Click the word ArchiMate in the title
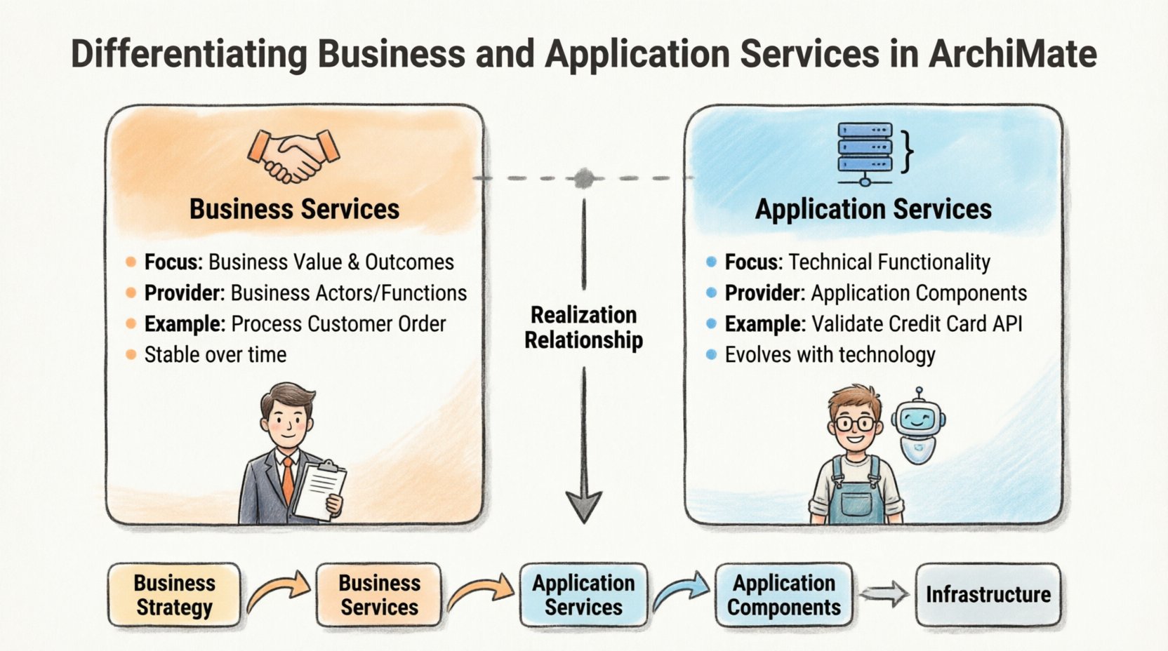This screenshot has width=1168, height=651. point(1012,54)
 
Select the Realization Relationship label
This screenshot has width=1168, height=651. point(583,328)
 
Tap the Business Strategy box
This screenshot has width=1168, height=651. point(174,595)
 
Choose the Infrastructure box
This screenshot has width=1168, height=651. point(988,595)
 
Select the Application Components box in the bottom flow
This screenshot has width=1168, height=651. point(783,595)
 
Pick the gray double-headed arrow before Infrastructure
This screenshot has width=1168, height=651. point(884,595)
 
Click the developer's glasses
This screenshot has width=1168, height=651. point(855,424)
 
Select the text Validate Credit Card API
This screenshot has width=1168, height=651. point(917,324)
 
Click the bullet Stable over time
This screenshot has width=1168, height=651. point(215,355)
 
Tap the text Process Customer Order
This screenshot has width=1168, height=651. point(338,324)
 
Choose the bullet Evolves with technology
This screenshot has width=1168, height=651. point(830,355)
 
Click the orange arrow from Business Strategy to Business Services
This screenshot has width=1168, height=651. point(278,591)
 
